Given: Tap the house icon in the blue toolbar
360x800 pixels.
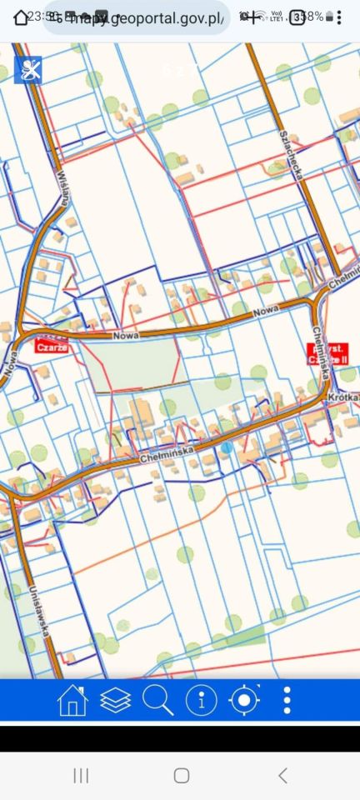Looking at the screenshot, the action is click(x=72, y=701).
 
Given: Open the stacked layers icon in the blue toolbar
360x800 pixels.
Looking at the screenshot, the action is click(x=115, y=701).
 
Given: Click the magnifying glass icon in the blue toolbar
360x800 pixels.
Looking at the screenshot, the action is click(x=157, y=701).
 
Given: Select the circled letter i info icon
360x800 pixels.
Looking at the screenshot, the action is click(x=201, y=701).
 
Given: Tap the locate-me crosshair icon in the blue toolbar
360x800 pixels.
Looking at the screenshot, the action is click(x=244, y=701).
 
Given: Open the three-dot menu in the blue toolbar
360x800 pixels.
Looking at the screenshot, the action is click(x=287, y=701).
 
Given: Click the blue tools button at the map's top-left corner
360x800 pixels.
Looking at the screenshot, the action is click(x=29, y=70).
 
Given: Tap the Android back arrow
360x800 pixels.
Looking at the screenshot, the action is click(x=282, y=776).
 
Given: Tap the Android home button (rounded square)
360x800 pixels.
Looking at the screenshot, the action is click(x=181, y=776).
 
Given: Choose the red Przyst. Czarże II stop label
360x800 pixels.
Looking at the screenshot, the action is click(x=330, y=352).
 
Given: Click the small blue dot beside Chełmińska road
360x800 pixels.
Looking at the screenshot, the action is click(x=227, y=447).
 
